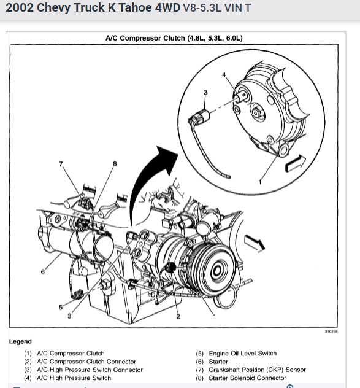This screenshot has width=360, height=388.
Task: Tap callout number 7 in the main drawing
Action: point(61,164)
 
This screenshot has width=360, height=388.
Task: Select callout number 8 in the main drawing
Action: point(115,164)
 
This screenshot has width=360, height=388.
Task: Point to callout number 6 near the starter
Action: point(43,272)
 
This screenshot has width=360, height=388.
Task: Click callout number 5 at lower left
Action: point(61,307)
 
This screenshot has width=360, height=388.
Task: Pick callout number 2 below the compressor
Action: point(178,316)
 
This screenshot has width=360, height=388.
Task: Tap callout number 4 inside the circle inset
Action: point(224,75)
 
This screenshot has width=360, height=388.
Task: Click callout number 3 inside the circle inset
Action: point(205,92)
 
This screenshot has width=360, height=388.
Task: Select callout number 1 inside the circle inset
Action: point(260,182)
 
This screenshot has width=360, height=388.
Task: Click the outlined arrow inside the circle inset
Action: point(296,163)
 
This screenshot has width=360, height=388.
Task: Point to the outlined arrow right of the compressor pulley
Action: point(255,243)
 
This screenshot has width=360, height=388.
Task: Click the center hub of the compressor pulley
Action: point(218,271)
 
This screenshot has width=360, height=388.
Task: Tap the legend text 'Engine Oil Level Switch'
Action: point(242,353)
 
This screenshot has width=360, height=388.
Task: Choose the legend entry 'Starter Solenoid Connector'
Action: point(248,378)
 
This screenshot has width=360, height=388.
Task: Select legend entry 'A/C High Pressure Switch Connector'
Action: point(90,370)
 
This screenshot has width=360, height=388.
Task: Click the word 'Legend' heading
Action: point(20,341)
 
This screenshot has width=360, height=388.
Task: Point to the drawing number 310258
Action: point(331,332)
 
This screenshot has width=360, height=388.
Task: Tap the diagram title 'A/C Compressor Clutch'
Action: point(145,38)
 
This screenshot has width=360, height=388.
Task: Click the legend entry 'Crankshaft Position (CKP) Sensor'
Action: point(257,370)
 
